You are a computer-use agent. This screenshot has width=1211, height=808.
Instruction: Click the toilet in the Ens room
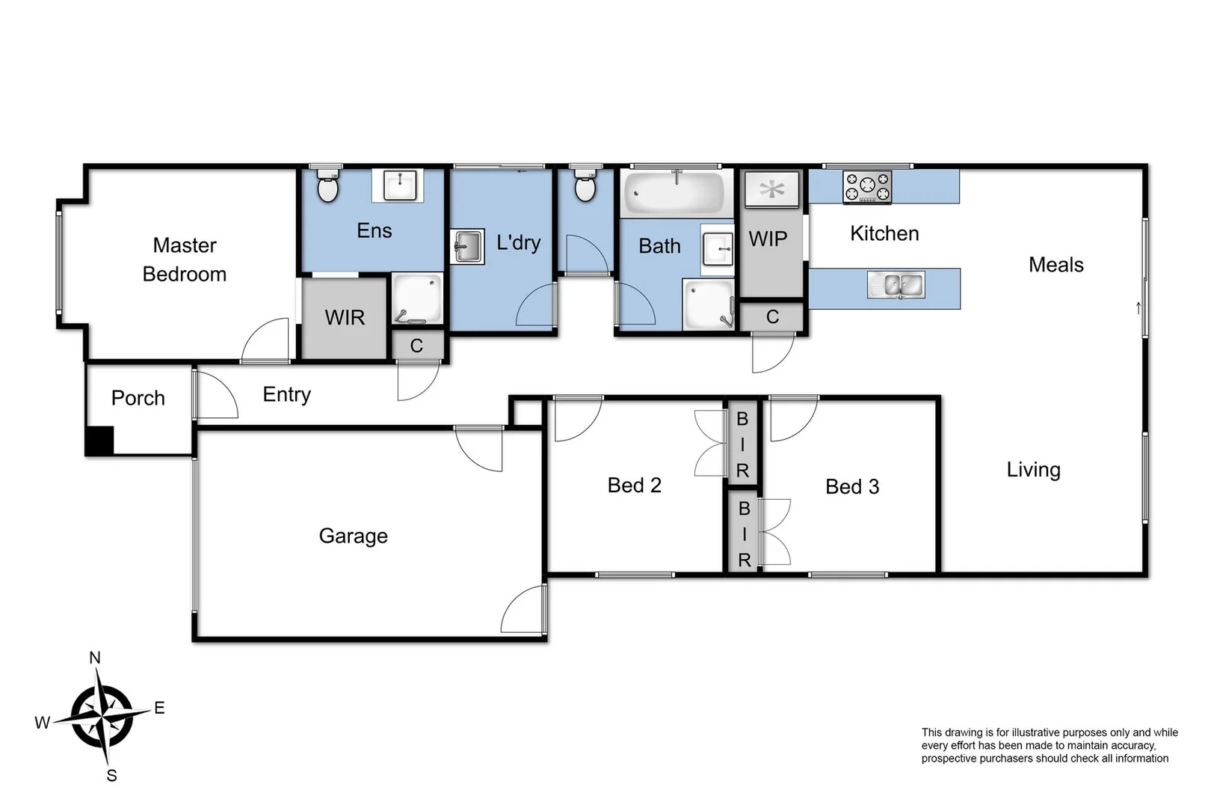coord(327,187)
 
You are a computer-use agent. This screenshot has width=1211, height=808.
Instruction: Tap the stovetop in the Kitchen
coord(867,187)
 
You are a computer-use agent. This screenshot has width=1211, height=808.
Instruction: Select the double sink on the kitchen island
coord(896,285)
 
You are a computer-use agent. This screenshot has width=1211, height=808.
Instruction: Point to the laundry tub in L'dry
coord(467,246)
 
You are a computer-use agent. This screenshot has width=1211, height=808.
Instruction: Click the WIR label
coord(345,318)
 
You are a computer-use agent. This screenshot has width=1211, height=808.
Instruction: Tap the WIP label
coord(768,239)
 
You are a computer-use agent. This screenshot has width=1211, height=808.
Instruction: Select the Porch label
coord(138,398)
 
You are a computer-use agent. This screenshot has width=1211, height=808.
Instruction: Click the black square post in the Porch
coord(99,441)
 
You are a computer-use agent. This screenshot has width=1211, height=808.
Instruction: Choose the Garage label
coord(353,536)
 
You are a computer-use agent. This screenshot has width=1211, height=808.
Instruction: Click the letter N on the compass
coord(95,658)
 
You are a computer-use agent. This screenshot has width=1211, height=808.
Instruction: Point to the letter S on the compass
coord(111,776)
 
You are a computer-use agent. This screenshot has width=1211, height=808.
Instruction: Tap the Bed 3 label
coord(851,487)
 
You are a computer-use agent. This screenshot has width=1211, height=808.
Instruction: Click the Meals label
coord(1056,265)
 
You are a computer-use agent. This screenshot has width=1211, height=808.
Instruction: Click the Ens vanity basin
coord(399,184)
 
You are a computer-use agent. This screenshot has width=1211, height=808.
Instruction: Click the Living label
coord(1033,470)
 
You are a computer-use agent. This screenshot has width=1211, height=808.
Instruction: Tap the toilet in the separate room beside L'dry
coord(585,187)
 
